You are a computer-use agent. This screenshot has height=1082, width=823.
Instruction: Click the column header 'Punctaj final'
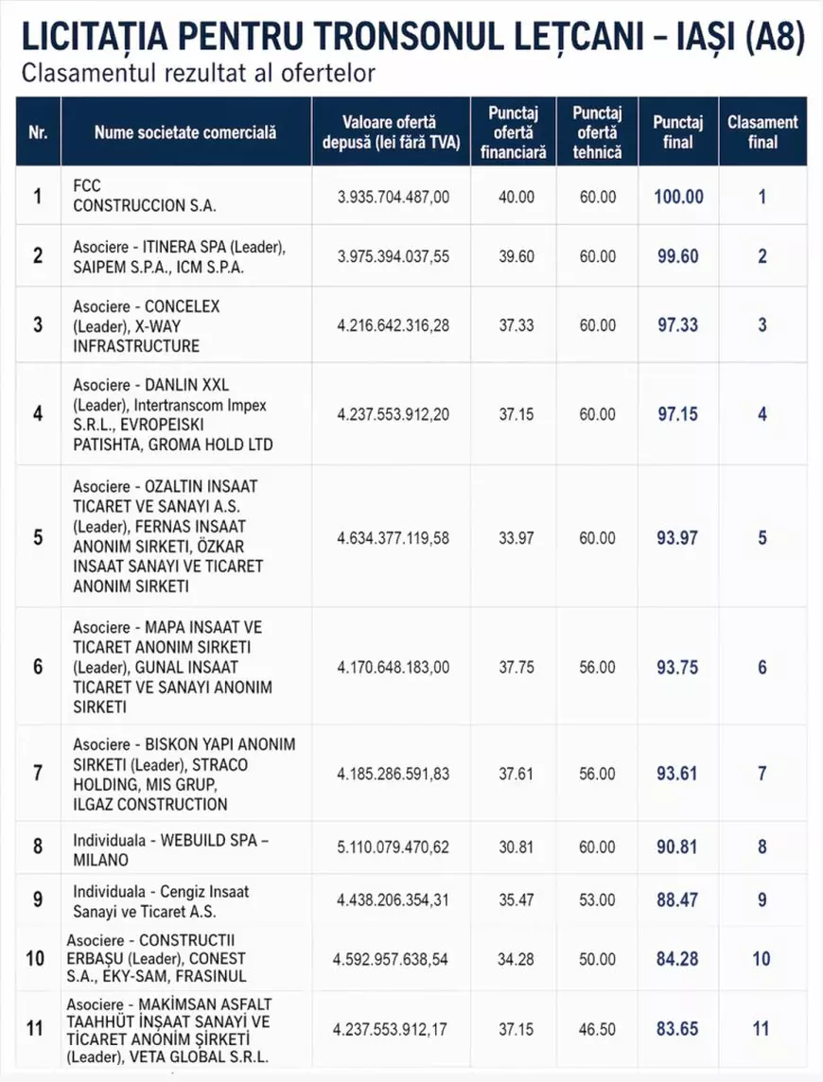pyautogui.click(x=678, y=132)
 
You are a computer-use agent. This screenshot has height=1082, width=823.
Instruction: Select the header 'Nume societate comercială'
pyautogui.click(x=185, y=132)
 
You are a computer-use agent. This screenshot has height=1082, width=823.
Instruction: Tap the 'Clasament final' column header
pyautogui.click(x=762, y=132)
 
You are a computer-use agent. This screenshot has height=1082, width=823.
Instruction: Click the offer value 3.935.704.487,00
pyautogui.click(x=394, y=197)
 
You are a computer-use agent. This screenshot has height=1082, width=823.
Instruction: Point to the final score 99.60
pyautogui.click(x=678, y=256)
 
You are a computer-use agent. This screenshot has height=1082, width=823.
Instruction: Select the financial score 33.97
pyautogui.click(x=517, y=538)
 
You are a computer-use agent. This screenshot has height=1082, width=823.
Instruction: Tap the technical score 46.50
pyautogui.click(x=597, y=1028)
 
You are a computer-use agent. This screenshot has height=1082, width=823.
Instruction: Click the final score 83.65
pyautogui.click(x=677, y=1028)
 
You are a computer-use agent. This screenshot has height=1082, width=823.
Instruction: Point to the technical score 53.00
pyautogui.click(x=597, y=900)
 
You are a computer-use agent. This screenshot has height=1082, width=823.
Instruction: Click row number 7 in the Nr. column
pyautogui.click(x=38, y=774)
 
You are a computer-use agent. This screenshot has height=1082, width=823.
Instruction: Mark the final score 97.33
pyautogui.click(x=678, y=325)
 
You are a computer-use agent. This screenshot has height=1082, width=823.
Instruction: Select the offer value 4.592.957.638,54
pyautogui.click(x=393, y=959)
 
